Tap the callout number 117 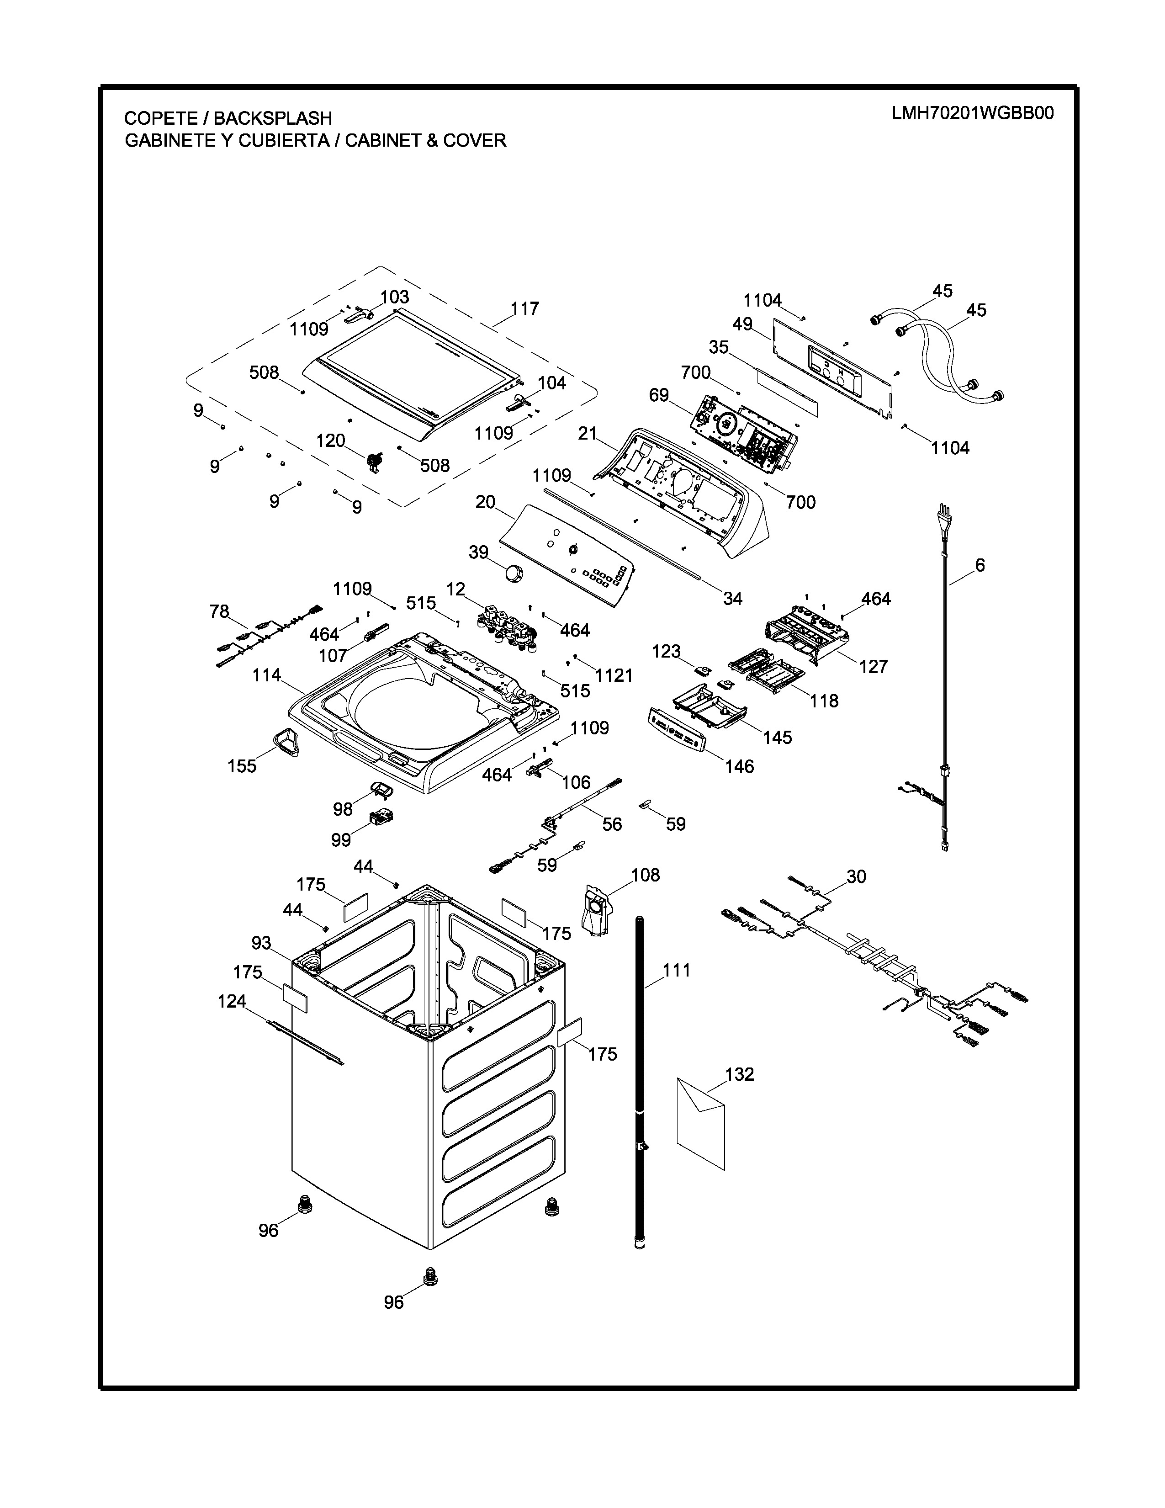point(524,308)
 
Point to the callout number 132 point(740,1074)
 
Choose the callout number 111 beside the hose point(676,970)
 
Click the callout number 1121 point(614,675)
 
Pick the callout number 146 point(739,766)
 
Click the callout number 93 point(261,943)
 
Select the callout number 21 point(588,434)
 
